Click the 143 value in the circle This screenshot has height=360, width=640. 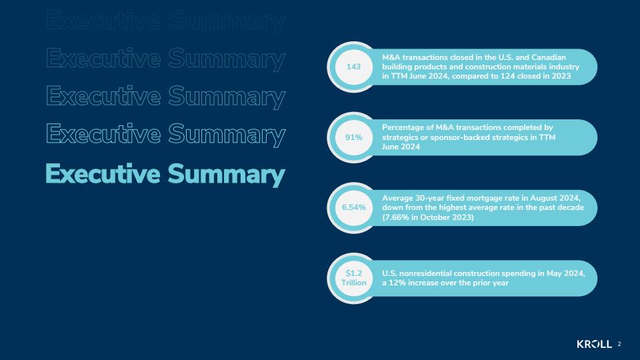coord(353,67)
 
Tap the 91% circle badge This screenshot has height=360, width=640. coord(353,137)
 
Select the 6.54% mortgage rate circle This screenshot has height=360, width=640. coord(353,208)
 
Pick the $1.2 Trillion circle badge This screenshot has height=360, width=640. coord(353,278)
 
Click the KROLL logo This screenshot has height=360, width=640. coord(594,344)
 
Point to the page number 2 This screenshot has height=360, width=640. coord(619,344)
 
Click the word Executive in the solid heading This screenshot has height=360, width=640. coord(103,173)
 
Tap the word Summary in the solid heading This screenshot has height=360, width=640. coord(226,175)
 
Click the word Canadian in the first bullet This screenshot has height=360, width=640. coord(549,57)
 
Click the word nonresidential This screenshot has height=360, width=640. coord(425,273)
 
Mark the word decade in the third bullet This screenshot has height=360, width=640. coord(571,208)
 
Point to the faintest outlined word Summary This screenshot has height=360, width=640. coord(226,21)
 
